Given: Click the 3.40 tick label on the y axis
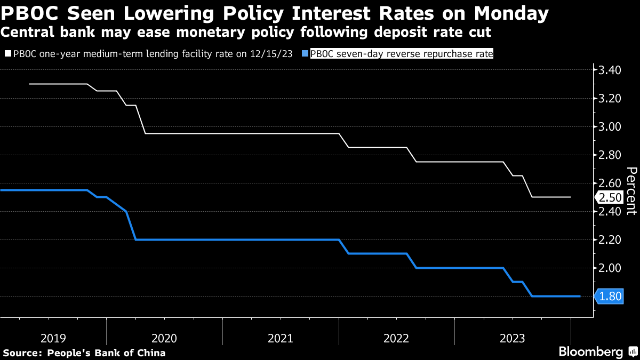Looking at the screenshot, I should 610,70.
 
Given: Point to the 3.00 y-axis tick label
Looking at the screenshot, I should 610,127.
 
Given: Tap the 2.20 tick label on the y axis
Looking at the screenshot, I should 610,239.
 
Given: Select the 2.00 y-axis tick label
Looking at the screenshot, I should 610,268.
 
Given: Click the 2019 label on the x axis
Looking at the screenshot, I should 53,338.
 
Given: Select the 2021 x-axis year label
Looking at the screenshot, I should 281,338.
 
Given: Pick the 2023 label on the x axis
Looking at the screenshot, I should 513,338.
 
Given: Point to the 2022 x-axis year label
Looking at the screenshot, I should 397,338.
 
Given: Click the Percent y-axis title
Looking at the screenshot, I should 631,190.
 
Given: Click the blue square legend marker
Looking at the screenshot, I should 305,54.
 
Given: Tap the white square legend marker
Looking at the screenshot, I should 7,54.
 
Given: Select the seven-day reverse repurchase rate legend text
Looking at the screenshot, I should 401,54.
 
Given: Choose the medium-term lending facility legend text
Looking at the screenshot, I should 153,54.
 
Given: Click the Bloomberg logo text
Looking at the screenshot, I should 590,352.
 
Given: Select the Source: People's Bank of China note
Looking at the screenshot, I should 84,353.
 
